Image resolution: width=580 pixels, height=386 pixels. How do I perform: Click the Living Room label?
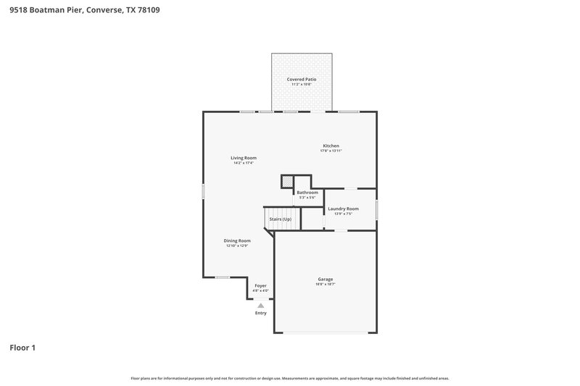244,158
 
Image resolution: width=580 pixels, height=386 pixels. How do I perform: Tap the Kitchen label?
331,146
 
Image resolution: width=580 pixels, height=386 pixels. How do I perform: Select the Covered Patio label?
302,79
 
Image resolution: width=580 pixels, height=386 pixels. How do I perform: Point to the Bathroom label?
307,193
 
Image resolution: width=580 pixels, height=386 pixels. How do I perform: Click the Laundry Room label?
343,209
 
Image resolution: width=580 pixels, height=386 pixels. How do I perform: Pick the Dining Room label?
237,240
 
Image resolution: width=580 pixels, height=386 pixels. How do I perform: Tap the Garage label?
326,279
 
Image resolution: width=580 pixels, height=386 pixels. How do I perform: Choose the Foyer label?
260,286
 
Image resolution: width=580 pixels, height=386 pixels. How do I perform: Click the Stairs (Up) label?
281,219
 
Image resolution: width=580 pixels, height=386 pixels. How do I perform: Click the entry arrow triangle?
260,306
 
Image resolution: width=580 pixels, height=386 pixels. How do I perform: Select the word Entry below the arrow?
260,313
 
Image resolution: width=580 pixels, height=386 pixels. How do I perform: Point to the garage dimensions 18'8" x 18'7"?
326,284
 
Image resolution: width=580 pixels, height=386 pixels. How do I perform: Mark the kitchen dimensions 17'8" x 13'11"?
331,151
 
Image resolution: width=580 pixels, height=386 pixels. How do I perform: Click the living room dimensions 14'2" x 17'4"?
244,163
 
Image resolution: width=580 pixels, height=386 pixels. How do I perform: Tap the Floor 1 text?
22,348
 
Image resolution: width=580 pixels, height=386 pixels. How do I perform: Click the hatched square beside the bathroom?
288,182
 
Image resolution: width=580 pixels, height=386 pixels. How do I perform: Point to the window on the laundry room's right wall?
376,209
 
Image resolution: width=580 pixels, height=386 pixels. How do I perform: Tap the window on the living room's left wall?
203,191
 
